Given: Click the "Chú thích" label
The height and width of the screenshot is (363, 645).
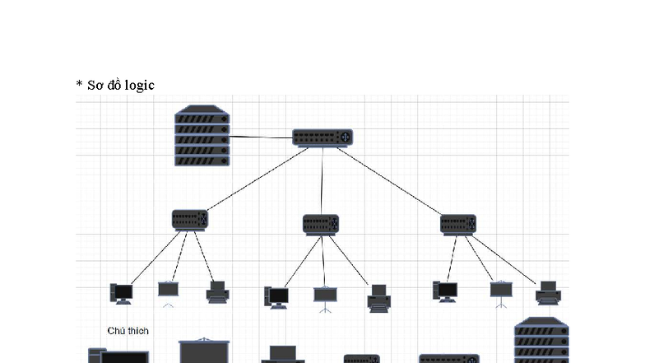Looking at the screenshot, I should click(x=128, y=330).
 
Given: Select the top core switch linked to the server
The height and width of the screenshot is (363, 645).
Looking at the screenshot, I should click(x=322, y=137).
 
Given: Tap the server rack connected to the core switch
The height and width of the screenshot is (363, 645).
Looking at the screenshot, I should click(x=202, y=135).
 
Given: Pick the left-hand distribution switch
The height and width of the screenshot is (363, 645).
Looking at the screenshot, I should click(x=190, y=220).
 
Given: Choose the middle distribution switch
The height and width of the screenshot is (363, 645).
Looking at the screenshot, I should click(x=321, y=224).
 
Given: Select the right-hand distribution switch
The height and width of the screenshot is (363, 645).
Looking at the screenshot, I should click(x=458, y=224).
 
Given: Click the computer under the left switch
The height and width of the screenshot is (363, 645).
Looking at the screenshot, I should click(x=121, y=293).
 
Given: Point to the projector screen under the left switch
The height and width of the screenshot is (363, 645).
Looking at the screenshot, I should click(x=169, y=291).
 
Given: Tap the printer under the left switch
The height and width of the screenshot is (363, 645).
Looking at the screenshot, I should click(x=217, y=291).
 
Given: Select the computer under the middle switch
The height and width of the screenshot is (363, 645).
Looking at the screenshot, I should click(x=276, y=296).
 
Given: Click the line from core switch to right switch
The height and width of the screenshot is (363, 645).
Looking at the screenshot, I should click(x=391, y=180).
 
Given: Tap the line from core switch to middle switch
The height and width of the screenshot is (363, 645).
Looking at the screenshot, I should click(x=322, y=181).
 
